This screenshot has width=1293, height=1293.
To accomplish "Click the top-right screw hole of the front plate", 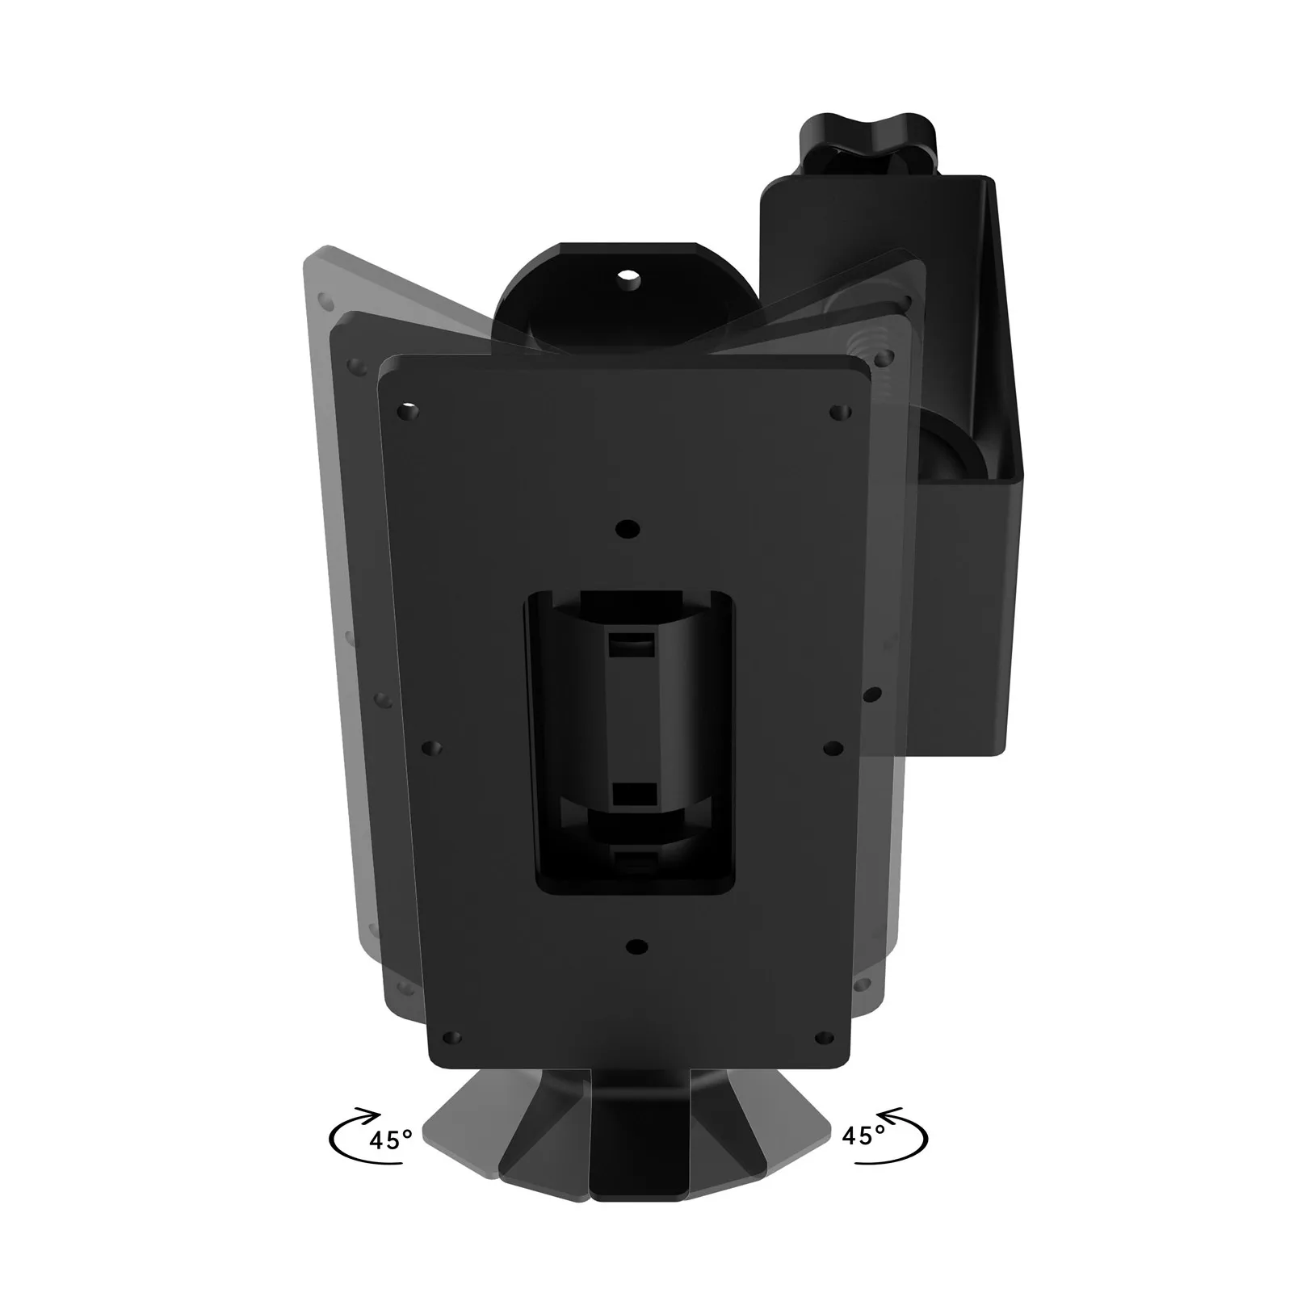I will (x=839, y=412).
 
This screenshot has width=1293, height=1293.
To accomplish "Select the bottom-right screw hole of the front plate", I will (x=825, y=1036).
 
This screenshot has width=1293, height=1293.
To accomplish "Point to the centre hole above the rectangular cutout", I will (x=626, y=529).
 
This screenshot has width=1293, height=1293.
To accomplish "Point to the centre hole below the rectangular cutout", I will (x=637, y=946).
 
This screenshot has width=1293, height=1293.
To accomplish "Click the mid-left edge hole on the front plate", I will (x=433, y=749).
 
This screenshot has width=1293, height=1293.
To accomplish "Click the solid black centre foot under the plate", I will (x=638, y=1131).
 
